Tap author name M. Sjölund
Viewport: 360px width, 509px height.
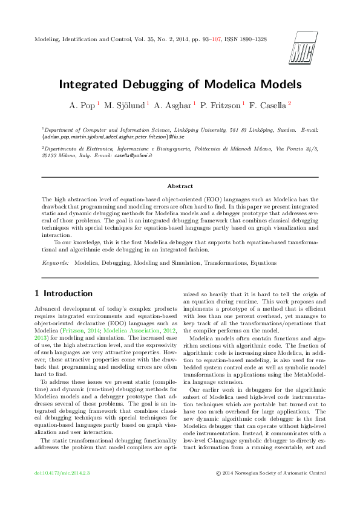click(125, 105)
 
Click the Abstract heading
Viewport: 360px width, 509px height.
click(180, 186)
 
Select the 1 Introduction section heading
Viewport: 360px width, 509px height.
click(62, 294)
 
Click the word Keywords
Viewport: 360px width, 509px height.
click(54, 263)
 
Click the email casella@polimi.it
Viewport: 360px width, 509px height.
click(135, 155)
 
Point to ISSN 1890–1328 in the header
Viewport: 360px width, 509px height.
click(245, 39)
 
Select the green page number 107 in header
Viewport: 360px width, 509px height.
click(212, 39)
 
